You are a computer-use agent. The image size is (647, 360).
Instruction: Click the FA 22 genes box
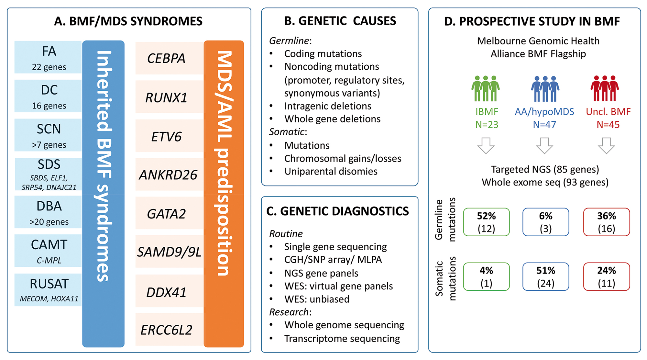49,57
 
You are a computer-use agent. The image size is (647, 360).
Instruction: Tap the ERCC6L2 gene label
167,330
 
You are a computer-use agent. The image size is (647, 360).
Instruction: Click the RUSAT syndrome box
49,289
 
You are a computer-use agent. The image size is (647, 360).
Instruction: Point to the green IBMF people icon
485,88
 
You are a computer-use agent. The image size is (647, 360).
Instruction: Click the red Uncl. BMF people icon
604,88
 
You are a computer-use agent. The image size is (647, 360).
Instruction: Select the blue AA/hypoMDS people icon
545,89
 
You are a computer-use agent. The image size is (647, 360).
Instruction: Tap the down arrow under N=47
544,145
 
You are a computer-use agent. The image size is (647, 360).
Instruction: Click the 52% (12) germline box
486,222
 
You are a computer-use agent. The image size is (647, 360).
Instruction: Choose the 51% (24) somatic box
546,276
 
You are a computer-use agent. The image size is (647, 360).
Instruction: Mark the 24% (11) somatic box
606,276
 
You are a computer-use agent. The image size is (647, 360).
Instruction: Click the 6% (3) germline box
546,222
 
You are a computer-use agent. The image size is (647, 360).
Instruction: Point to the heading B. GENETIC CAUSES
340,21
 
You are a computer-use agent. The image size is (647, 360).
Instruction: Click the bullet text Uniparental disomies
331,171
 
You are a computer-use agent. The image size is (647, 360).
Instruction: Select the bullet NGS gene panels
321,273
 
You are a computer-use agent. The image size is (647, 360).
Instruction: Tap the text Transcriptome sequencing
342,339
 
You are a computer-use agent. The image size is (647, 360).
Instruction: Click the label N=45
608,125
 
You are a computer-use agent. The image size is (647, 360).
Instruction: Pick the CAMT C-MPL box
49,251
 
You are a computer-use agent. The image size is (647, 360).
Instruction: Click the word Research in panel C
289,312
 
